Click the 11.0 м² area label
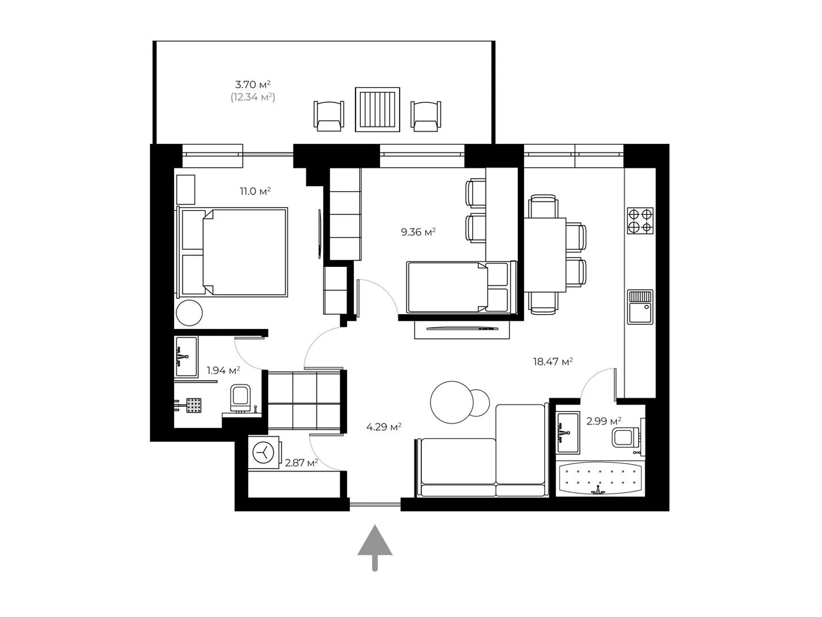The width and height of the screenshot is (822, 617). (255, 191)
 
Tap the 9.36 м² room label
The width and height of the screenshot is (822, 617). (418, 232)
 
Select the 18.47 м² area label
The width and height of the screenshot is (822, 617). (553, 361)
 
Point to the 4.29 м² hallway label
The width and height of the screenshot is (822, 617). (383, 427)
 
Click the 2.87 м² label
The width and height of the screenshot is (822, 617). (301, 463)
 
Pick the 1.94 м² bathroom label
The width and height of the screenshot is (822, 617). (223, 371)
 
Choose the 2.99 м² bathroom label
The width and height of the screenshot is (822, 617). (604, 422)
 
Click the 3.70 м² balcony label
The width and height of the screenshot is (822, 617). (253, 84)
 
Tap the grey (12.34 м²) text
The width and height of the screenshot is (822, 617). (253, 97)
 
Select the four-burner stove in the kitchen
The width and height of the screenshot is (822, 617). (640, 221)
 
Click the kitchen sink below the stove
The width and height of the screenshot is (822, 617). (640, 307)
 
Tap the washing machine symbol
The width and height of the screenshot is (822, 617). (264, 452)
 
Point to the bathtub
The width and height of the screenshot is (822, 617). (600, 478)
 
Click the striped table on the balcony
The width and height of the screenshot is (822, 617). (378, 110)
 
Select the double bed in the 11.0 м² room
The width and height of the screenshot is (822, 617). (232, 252)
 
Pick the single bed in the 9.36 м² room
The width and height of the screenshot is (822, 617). (461, 287)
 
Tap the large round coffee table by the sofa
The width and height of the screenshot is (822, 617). (451, 403)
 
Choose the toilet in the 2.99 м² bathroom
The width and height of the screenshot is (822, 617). (625, 438)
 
